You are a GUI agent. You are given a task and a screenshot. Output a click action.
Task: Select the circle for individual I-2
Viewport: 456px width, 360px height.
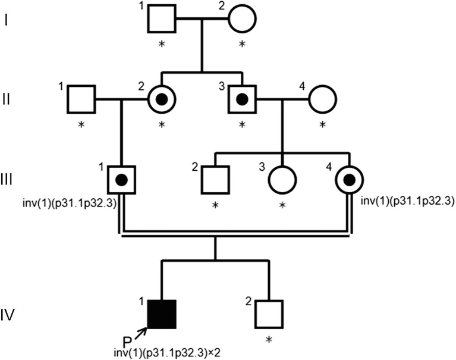click(241, 20)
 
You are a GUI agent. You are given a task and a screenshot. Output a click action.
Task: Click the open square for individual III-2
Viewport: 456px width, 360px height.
click(215, 180)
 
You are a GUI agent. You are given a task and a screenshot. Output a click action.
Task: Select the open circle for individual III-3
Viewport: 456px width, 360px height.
click(282, 180)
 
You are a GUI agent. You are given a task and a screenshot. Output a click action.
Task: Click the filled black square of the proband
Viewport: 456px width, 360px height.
click(162, 314)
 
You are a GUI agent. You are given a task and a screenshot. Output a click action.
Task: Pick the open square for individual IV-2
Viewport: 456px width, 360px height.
click(269, 314)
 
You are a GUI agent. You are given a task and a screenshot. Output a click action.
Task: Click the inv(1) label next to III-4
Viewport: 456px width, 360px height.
click(407, 201)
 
